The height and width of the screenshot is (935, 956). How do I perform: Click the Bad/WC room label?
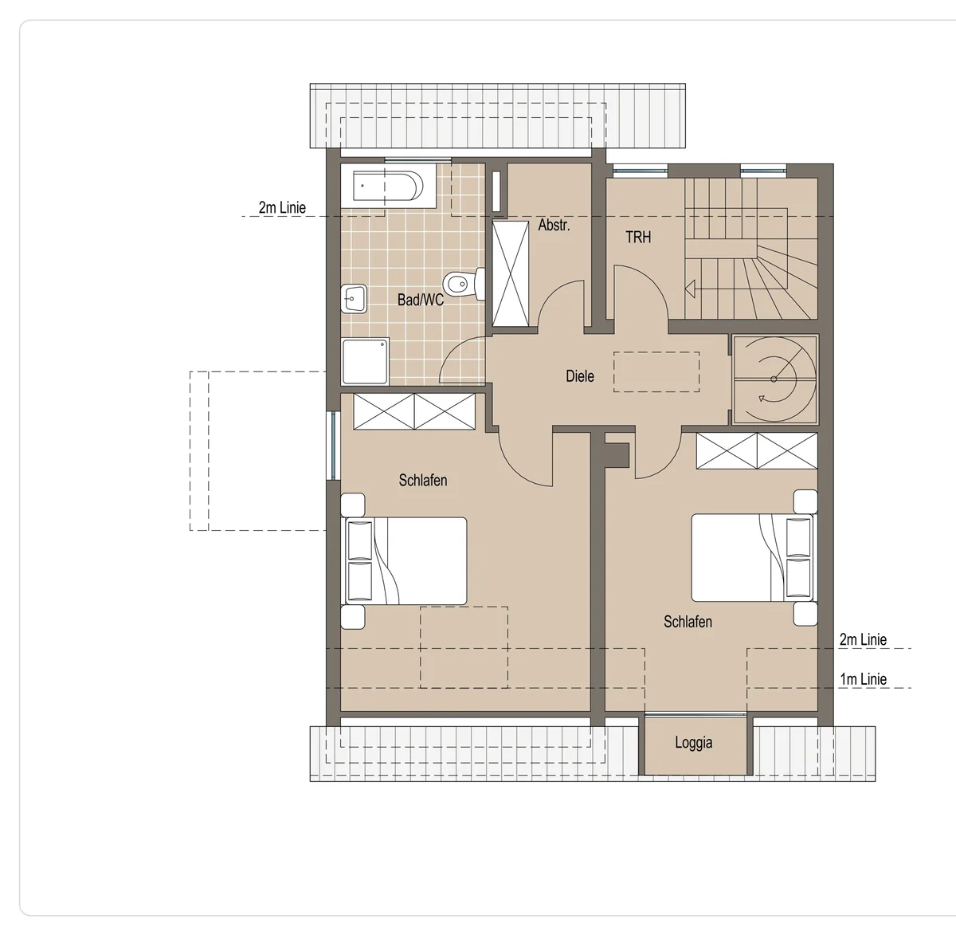point(421,300)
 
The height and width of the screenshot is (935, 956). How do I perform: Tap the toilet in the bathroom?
point(464,284)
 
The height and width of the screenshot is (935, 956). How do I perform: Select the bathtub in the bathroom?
point(388,187)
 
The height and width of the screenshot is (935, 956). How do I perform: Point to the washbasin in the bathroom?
point(354,298)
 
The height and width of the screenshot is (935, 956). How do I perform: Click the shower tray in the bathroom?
point(366,361)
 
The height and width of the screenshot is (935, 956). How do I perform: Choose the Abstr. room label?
point(554,225)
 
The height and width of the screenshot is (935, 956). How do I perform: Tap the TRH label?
point(638,238)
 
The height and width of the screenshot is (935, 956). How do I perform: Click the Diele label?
point(580,376)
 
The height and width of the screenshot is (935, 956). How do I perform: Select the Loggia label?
point(693,742)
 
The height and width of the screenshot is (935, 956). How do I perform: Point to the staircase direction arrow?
point(690,289)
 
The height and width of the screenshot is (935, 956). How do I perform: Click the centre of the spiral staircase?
point(774,379)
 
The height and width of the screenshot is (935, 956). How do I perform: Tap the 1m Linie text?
point(863,679)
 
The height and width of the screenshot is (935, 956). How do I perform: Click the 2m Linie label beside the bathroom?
point(282,208)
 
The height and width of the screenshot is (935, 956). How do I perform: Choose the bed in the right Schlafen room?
point(752,557)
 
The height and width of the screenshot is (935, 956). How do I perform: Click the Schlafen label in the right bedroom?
point(688,622)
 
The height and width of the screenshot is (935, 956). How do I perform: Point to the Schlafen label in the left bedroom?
point(423,481)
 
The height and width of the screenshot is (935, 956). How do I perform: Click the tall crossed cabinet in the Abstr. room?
point(511,274)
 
